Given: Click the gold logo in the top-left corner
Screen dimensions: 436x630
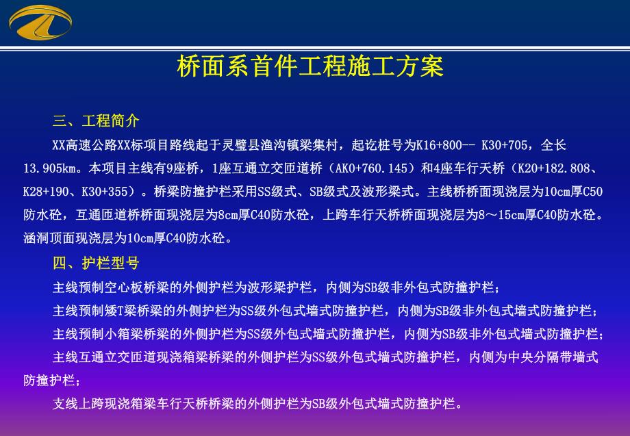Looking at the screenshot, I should tap(40, 22).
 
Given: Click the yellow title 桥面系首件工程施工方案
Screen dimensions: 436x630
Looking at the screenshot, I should tap(310, 67).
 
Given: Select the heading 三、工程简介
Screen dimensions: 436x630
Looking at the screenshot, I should tap(96, 121).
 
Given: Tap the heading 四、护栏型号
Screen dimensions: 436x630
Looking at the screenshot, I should tap(96, 264).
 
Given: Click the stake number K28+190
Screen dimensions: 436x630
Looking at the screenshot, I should tap(45, 192).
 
